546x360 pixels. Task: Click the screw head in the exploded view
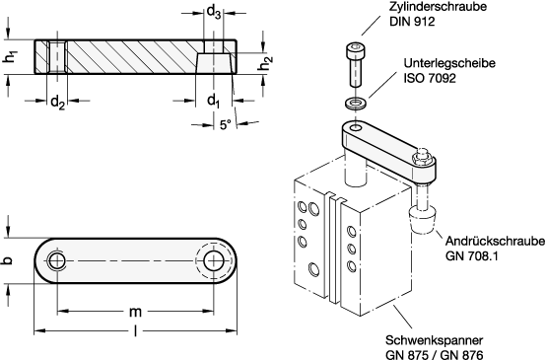(356, 48)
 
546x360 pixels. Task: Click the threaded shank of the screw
(356, 71)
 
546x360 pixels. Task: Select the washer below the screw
(356, 103)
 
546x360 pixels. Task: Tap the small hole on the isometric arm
(356, 127)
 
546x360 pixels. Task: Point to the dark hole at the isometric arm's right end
(422, 158)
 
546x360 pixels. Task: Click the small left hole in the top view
(57, 260)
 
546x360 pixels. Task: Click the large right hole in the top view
(213, 260)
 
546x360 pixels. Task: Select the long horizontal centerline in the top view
(133, 260)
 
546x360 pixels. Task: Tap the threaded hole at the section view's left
(57, 57)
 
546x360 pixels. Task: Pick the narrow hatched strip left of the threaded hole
(40, 57)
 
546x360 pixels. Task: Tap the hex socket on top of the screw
(356, 45)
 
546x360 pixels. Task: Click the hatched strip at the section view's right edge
(232, 57)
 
